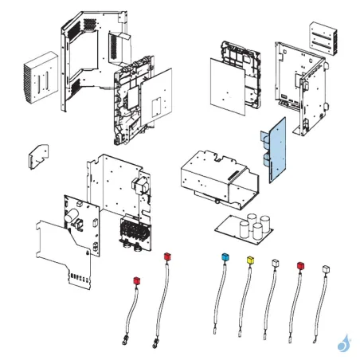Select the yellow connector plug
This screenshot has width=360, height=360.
[x=251, y=260]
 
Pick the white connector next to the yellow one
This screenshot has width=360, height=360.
[x=275, y=263]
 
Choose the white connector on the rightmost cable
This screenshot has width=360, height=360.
[x=325, y=269]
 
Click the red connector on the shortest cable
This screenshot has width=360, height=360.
[x=136, y=280]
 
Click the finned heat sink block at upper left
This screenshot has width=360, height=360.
[x=40, y=78]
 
